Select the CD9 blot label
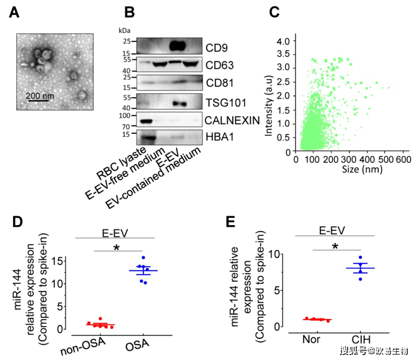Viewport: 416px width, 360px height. pos(217,46)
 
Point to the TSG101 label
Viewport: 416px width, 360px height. pos(225,102)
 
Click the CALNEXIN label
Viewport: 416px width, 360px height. pos(232,120)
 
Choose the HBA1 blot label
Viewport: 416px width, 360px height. pos(220,138)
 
